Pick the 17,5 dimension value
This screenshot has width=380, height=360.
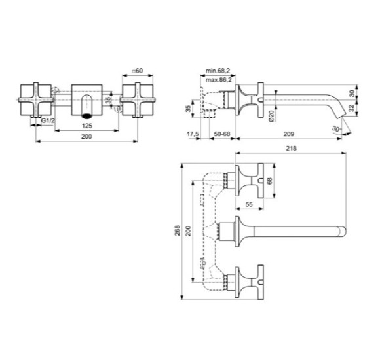(x=193, y=135)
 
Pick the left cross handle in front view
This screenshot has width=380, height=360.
(x=33, y=98)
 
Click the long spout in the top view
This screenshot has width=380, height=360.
(x=295, y=230)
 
